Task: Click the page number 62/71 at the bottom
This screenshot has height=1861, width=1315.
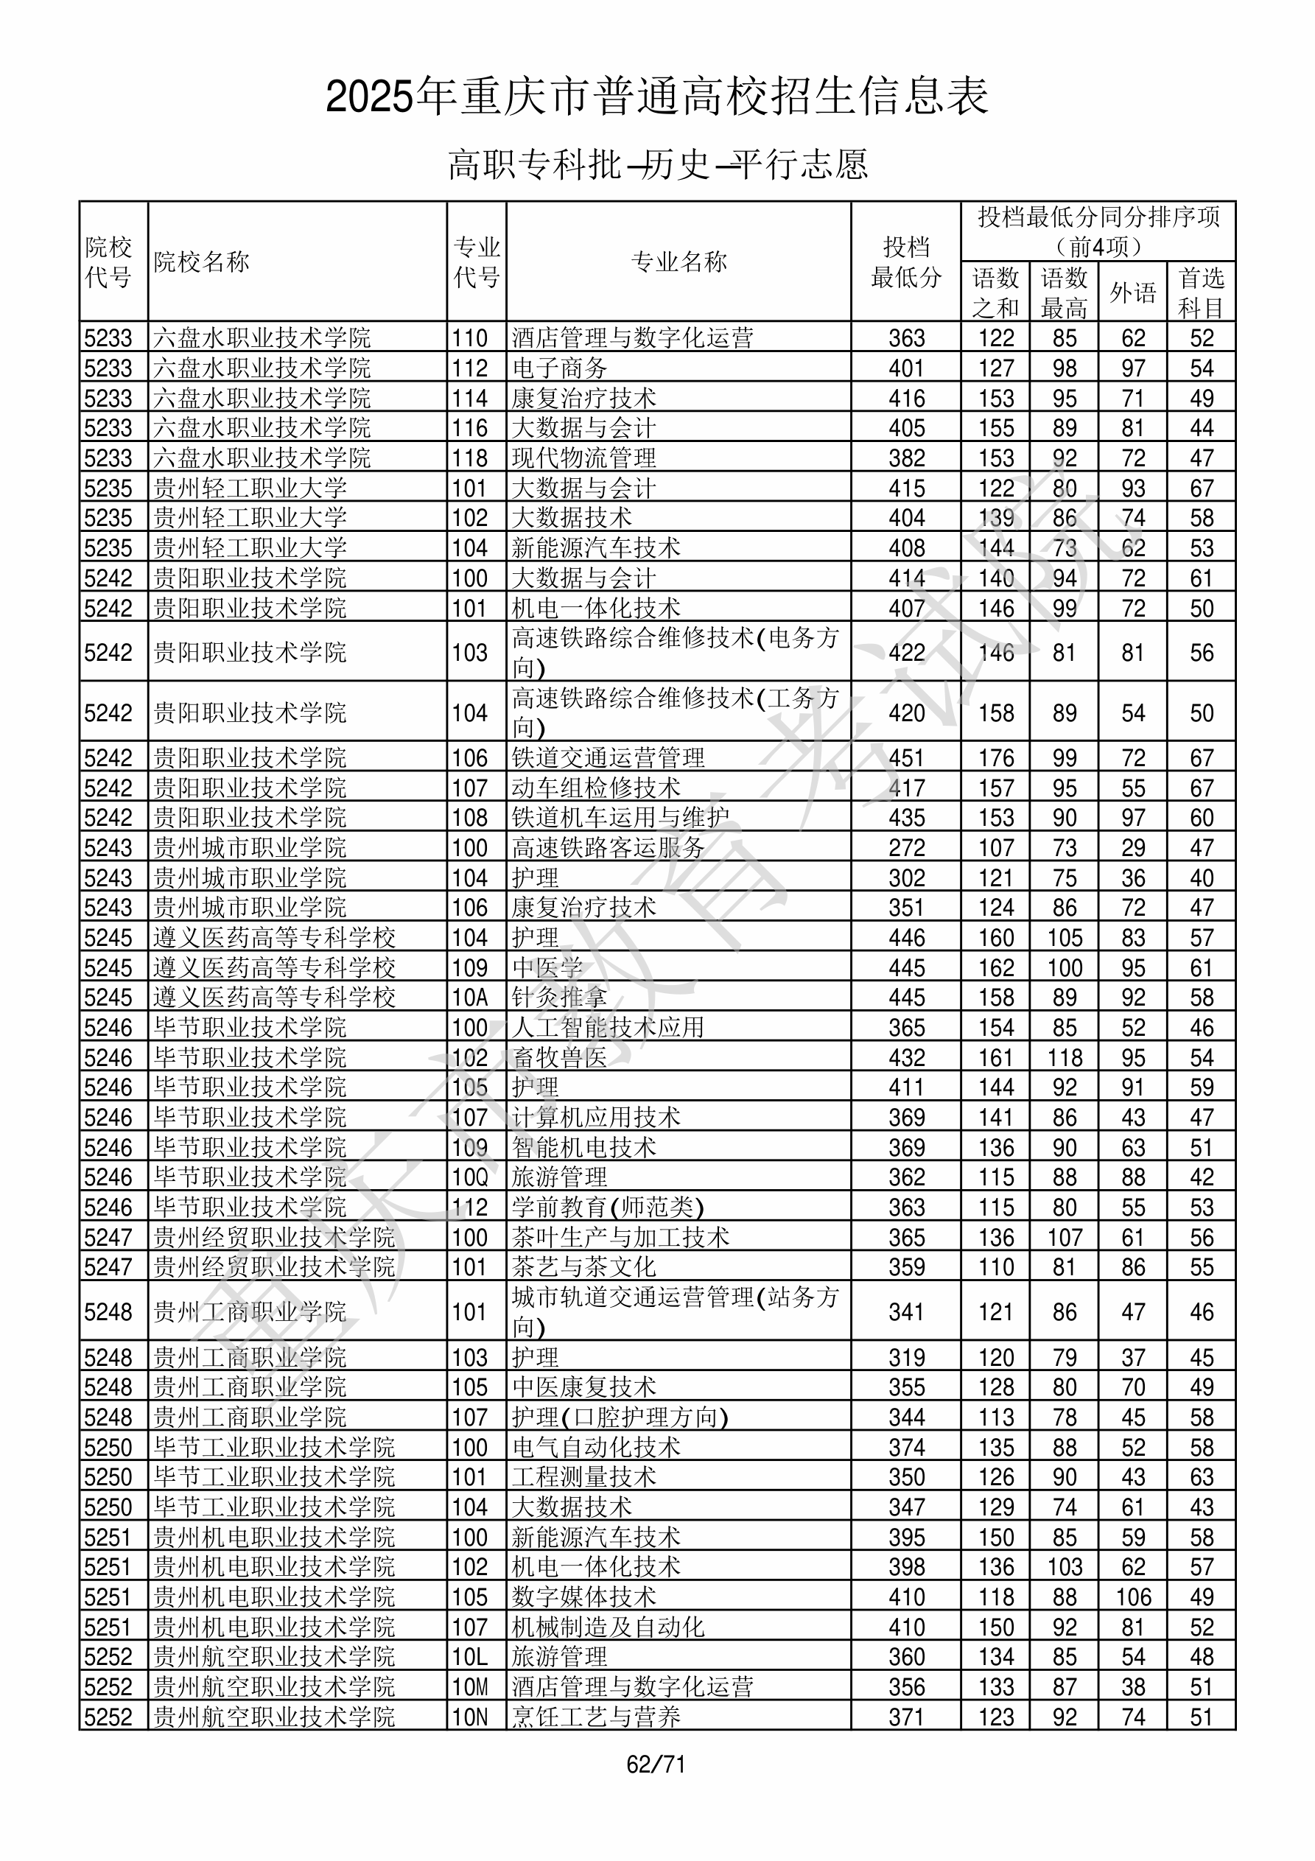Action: click(656, 1764)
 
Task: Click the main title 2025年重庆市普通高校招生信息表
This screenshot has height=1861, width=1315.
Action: click(656, 97)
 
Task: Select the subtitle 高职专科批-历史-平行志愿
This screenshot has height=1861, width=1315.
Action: click(657, 164)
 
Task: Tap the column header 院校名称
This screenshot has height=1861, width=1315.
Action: click(202, 262)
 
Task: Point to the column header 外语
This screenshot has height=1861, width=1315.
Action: click(1132, 292)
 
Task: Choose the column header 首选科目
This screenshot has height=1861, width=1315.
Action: click(1201, 292)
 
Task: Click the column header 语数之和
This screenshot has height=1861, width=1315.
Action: click(995, 292)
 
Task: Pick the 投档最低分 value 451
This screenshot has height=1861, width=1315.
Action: click(905, 758)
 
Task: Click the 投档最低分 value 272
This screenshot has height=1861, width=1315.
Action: click(905, 848)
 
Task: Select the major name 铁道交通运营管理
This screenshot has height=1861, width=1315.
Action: click(608, 758)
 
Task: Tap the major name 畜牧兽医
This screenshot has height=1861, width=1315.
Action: click(559, 1058)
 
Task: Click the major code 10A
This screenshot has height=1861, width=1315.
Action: click(470, 998)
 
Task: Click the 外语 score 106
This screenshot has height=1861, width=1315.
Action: click(1132, 1597)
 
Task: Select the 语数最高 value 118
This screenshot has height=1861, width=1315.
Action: click(1065, 1058)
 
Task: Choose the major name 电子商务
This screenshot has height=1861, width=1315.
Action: click(559, 368)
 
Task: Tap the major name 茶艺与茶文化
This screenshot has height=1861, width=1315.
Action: click(583, 1267)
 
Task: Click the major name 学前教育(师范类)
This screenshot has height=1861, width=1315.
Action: click(608, 1208)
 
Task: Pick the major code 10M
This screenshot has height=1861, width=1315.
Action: click(470, 1686)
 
